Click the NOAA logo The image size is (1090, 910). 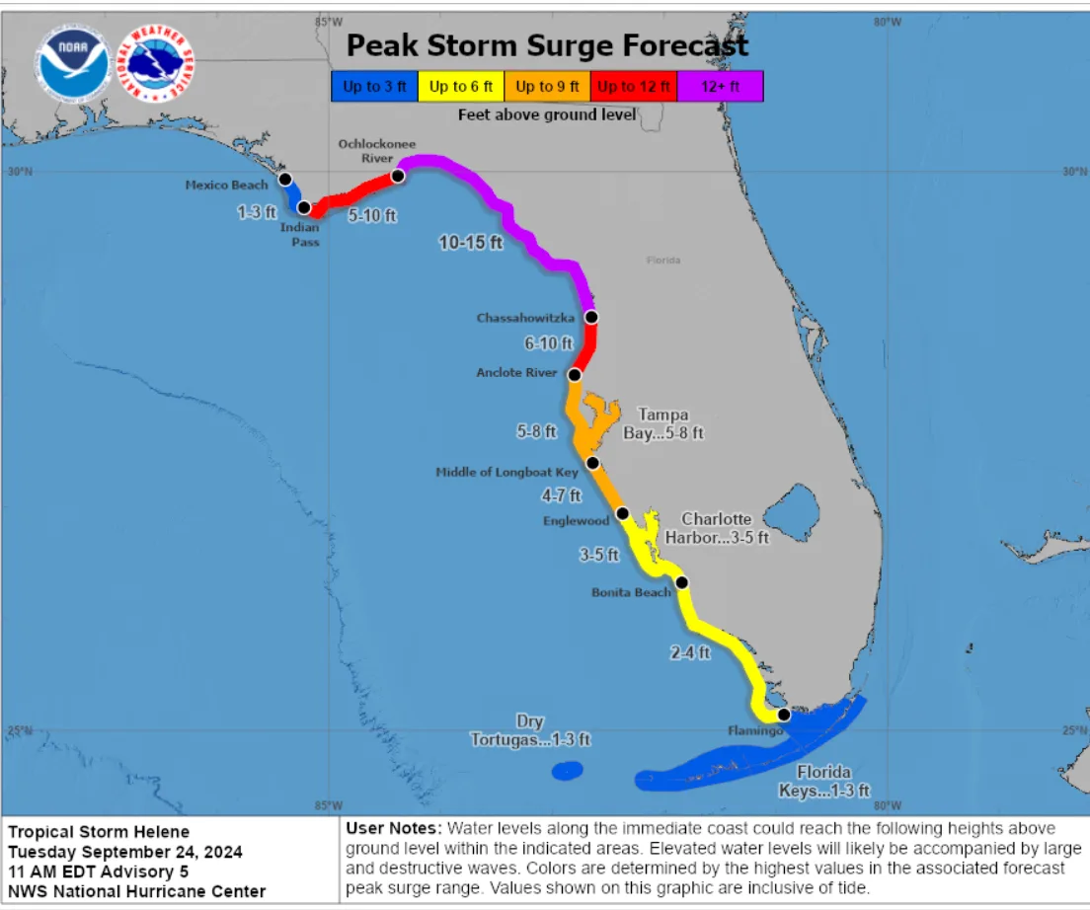[x=74, y=63]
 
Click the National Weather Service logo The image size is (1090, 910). [x=156, y=63]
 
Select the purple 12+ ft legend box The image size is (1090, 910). [x=720, y=87]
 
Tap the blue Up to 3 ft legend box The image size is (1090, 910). [x=374, y=87]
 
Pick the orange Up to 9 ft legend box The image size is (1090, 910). [x=547, y=87]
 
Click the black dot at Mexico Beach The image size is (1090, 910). [x=285, y=179]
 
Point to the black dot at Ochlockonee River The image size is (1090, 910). [x=398, y=176]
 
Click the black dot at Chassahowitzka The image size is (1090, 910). [x=591, y=317]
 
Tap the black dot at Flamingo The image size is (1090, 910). [x=783, y=714]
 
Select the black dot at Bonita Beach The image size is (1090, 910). [x=681, y=582]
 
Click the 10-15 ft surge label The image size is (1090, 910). [x=470, y=242]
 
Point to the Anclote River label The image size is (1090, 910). [x=516, y=373]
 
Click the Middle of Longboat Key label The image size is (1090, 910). [x=506, y=473]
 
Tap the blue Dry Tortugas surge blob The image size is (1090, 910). [x=567, y=770]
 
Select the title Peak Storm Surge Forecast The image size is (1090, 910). [x=547, y=45]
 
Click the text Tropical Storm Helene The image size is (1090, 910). [x=99, y=832]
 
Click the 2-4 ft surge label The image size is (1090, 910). [x=689, y=652]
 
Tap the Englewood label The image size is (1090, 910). [x=576, y=520]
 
